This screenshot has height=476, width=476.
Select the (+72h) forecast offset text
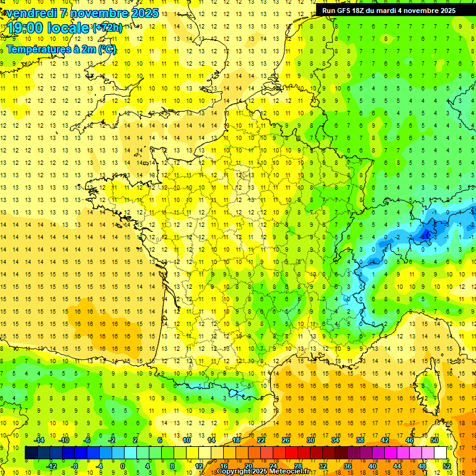[x=107, y=28]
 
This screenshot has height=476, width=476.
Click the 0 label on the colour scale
[x=123, y=466]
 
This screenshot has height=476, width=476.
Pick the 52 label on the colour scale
[x=446, y=466]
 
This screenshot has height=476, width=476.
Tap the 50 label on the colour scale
[x=434, y=439]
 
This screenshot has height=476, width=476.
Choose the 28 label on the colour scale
[x=297, y=466]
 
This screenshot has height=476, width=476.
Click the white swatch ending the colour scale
[x=441, y=453]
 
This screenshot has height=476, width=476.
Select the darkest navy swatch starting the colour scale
[x=31, y=453]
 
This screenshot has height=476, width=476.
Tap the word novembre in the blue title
[x=100, y=13]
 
